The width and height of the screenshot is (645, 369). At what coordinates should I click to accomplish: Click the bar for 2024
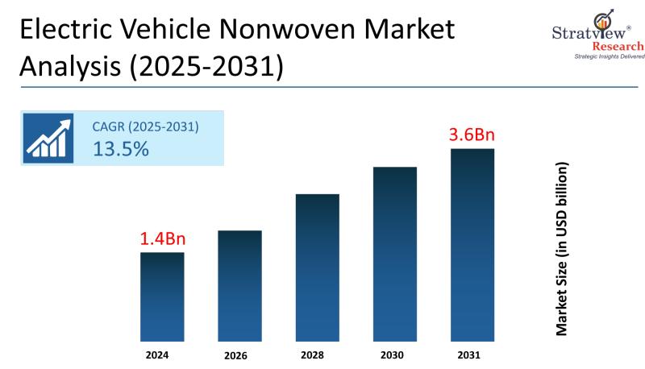(162, 296)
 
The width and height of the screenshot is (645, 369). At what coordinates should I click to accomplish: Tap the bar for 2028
(317, 267)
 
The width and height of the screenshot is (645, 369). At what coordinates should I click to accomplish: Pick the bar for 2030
(394, 253)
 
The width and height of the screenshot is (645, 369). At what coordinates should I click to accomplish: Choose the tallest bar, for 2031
(472, 243)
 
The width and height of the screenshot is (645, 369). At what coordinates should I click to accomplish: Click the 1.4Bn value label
(162, 238)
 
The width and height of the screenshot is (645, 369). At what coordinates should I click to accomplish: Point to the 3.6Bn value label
(472, 134)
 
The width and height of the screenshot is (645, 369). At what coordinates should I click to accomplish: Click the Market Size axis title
(562, 249)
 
